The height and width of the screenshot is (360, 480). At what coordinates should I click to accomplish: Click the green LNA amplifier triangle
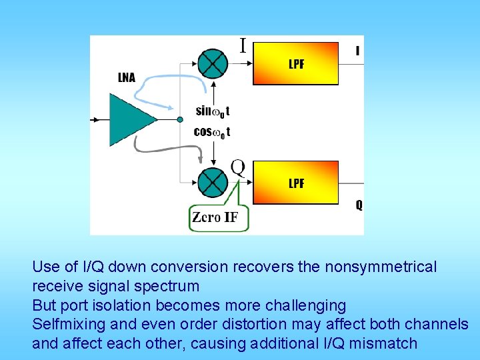click(131, 120)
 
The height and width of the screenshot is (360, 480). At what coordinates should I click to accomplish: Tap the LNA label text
click(127, 78)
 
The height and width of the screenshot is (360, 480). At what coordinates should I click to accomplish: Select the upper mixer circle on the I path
click(213, 64)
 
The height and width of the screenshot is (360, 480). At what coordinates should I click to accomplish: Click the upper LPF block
click(295, 63)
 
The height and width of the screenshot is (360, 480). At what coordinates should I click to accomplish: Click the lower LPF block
click(295, 182)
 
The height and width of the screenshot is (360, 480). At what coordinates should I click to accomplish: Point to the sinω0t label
click(213, 111)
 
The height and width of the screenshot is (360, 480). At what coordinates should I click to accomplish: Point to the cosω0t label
click(212, 132)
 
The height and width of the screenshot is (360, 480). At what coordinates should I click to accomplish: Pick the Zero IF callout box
click(219, 217)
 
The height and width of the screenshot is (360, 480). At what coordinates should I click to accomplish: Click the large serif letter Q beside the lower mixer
click(238, 166)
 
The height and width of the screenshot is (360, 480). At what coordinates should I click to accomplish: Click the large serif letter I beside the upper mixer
click(243, 45)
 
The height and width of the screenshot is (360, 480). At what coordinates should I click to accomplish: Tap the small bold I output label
click(358, 51)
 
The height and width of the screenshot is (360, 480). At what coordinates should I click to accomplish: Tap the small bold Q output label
click(359, 205)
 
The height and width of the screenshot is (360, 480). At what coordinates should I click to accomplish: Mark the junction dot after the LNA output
click(180, 120)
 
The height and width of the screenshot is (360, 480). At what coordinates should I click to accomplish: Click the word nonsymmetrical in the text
click(381, 267)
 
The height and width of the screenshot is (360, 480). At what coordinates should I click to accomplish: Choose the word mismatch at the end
click(386, 344)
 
